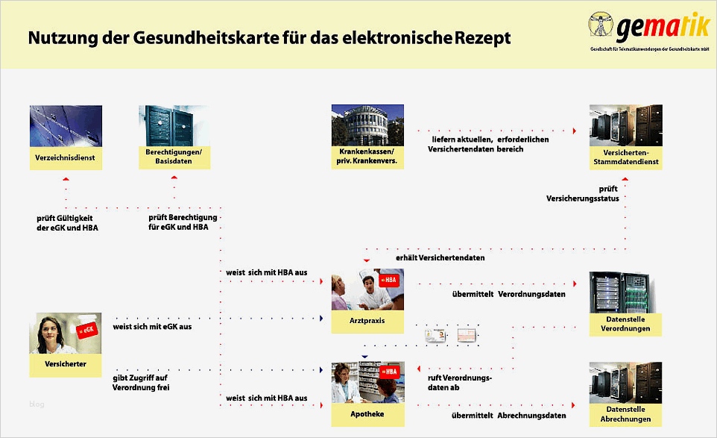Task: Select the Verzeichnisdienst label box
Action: tap(66, 158)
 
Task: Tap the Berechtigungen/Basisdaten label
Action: tap(174, 157)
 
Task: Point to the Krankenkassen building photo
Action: tap(367, 125)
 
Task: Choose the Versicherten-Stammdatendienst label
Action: tap(625, 157)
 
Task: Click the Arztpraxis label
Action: tap(367, 320)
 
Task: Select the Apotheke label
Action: tap(367, 413)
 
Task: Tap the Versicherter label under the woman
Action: tap(66, 364)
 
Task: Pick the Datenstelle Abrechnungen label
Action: tap(625, 414)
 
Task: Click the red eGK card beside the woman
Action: tap(88, 330)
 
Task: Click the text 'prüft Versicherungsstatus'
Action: tap(582, 194)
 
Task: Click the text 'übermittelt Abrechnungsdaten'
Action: tap(508, 416)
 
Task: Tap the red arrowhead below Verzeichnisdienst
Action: tap(66, 179)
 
